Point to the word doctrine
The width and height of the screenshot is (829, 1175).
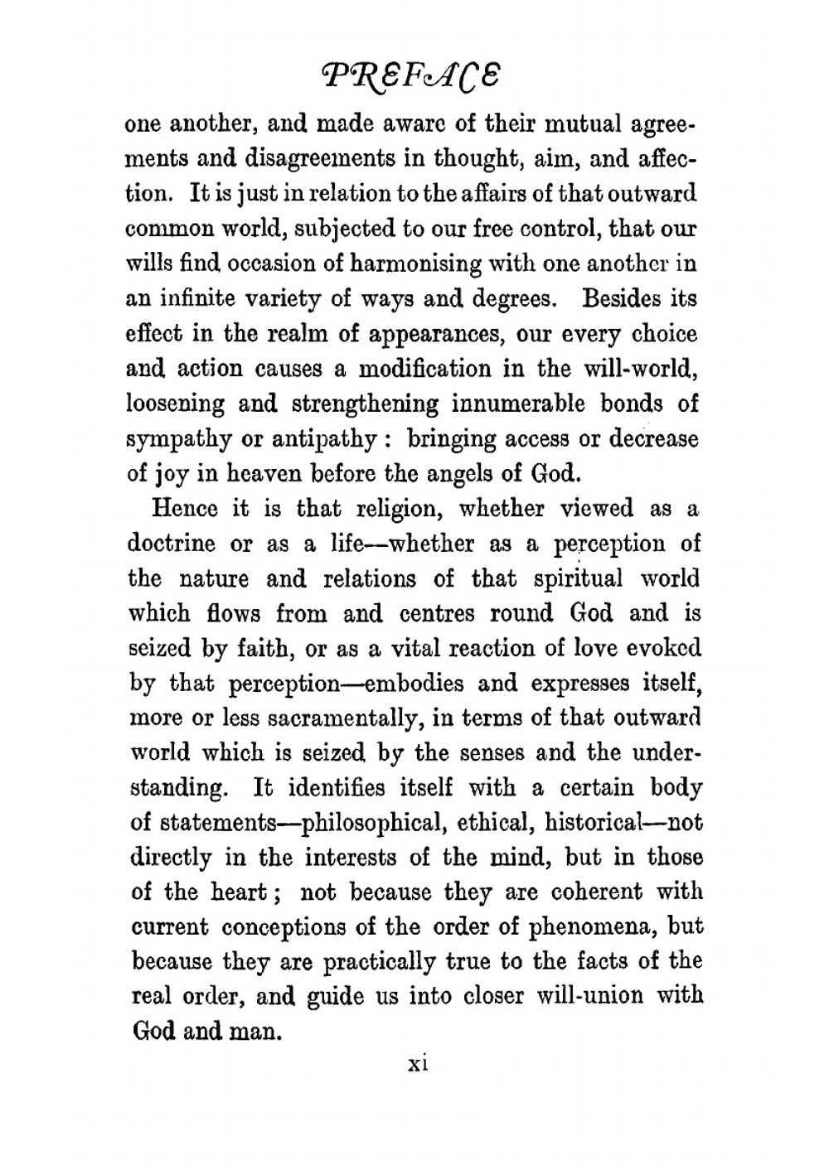170,544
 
